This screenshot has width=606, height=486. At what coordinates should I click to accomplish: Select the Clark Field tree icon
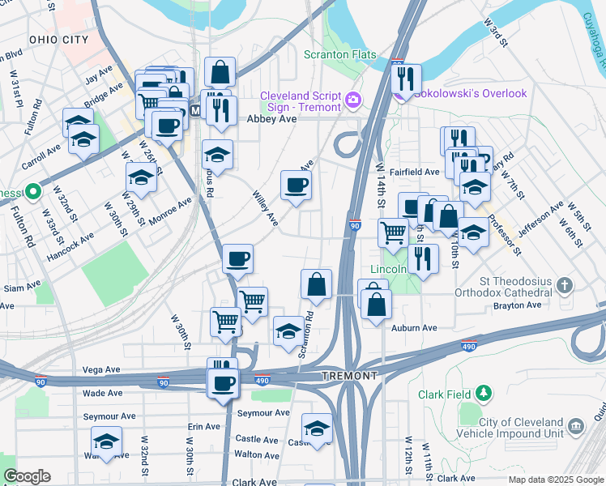[484, 394]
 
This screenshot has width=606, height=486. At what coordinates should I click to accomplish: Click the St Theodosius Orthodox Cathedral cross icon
[565, 284]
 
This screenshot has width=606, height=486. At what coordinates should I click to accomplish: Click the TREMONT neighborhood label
[349, 377]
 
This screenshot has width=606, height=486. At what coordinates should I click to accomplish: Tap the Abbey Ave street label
[271, 118]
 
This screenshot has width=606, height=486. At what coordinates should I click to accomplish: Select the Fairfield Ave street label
[414, 172]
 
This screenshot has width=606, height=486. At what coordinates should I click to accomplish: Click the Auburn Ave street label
[414, 328]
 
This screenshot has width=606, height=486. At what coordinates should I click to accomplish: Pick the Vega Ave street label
[101, 369]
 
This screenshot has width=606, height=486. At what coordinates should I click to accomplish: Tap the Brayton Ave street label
[517, 305]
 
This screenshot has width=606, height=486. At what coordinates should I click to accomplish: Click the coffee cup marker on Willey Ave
[296, 185]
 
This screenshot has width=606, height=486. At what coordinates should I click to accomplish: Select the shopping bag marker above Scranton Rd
[316, 285]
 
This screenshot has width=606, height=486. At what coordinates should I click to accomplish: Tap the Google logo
[27, 475]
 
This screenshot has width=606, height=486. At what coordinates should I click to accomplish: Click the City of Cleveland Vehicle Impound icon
[576, 425]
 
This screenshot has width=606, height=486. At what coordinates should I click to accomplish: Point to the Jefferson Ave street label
[540, 220]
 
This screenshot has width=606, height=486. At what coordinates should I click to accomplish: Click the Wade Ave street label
[103, 393]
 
